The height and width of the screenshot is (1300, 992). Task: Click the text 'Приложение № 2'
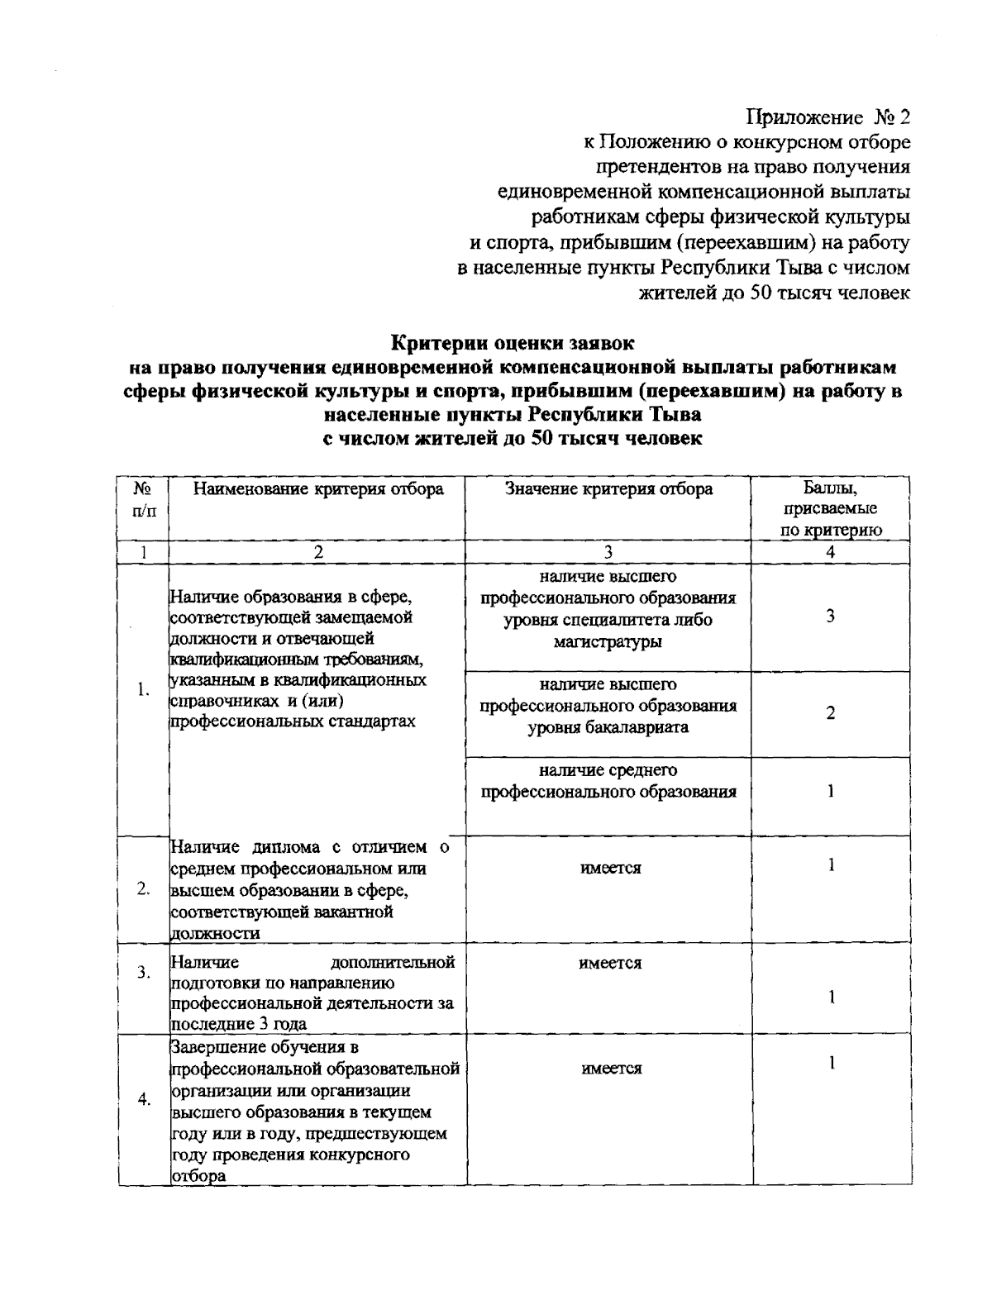click(828, 117)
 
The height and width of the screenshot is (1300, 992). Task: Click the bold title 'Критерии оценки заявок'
click(513, 341)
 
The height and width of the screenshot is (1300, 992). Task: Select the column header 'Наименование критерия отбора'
click(318, 489)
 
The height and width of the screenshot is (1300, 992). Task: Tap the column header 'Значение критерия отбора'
click(608, 489)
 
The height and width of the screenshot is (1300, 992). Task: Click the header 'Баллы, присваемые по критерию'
click(830, 509)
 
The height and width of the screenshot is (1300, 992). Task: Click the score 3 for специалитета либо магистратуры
click(830, 617)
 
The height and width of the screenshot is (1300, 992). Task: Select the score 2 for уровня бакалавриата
click(830, 713)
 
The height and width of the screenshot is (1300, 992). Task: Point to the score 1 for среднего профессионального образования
click(830, 791)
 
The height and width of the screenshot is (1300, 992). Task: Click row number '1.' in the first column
click(143, 690)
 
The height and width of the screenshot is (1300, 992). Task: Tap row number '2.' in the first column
click(143, 889)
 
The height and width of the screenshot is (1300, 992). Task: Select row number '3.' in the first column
click(143, 973)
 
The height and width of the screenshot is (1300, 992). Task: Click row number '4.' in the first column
click(143, 1099)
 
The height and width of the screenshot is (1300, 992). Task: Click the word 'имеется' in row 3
click(610, 963)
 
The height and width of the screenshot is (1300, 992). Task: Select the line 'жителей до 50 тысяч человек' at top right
click(775, 293)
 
